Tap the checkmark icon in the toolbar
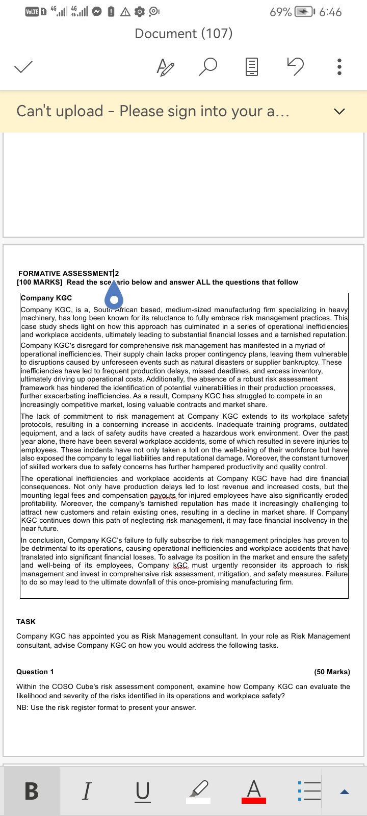[x=23, y=67]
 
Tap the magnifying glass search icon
[x=208, y=67]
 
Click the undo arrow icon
[x=295, y=67]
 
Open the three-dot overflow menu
[x=339, y=67]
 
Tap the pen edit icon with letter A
[x=165, y=67]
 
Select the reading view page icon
[x=252, y=67]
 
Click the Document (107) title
[x=183, y=34]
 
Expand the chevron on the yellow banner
[x=339, y=111]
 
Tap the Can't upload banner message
[x=153, y=111]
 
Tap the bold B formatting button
[x=32, y=791]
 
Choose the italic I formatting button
[x=87, y=791]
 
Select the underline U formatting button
[x=143, y=791]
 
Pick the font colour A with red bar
[x=254, y=791]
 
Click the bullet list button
[x=309, y=791]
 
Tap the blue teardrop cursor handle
[x=115, y=296]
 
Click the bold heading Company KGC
[x=46, y=298]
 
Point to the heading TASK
[x=26, y=622]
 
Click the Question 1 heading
[x=35, y=672]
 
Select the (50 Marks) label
[x=332, y=672]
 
